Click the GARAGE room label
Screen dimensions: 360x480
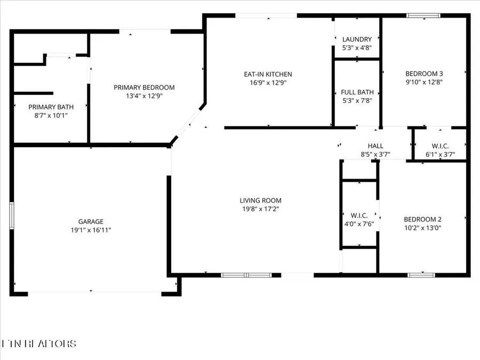91,221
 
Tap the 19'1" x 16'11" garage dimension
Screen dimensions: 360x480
91,230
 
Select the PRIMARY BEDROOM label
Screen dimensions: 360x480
144,87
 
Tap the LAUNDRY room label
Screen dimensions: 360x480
357,39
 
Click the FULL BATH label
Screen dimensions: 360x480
357,92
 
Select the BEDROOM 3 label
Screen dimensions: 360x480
424,74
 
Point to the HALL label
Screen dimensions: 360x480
375,146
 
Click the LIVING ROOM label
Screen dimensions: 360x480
260,201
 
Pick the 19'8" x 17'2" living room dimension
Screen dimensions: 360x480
260,209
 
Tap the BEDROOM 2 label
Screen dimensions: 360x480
422,219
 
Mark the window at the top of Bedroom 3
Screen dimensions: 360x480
423,15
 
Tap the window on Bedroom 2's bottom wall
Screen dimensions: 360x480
421,275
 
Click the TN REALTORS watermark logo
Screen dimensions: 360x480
38,343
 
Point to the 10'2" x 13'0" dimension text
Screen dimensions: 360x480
422,228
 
